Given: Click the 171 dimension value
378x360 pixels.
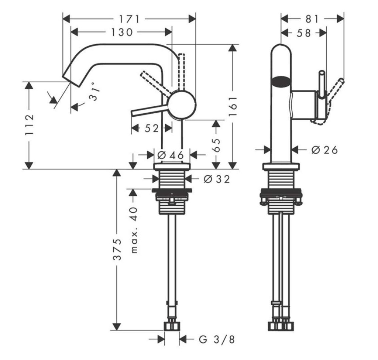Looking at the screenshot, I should pyautogui.click(x=129, y=18).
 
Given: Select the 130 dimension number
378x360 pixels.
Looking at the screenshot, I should pyautogui.click(x=121, y=32).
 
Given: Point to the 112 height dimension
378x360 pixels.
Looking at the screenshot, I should pyautogui.click(x=30, y=125).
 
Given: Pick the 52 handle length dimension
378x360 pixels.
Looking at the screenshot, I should pyautogui.click(x=151, y=128).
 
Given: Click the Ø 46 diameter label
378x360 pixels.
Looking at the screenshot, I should pyautogui.click(x=170, y=155).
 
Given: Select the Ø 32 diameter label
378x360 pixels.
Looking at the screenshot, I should pyautogui.click(x=216, y=179).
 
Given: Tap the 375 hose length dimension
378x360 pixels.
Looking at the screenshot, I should pyautogui.click(x=117, y=249).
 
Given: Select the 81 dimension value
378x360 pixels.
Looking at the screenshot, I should pyautogui.click(x=312, y=18).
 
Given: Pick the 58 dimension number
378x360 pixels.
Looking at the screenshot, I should pyautogui.click(x=304, y=33).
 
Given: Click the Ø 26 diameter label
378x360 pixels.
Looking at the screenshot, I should pyautogui.click(x=324, y=150).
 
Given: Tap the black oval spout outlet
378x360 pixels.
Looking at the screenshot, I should pyautogui.click(x=281, y=80).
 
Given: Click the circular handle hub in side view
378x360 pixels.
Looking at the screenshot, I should pyautogui.click(x=182, y=105).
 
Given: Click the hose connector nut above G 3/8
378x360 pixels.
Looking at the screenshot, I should pyautogui.click(x=172, y=326).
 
